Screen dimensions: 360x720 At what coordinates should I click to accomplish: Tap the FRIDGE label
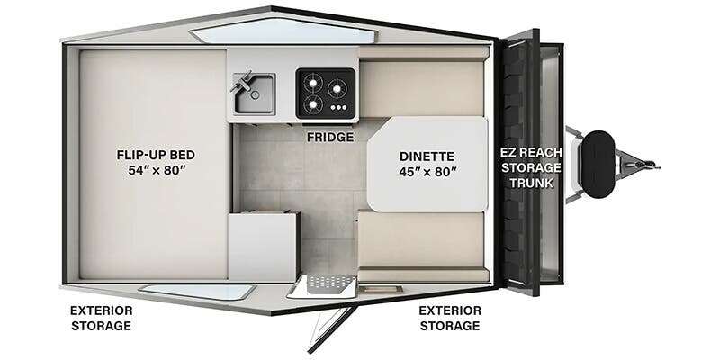(x=329, y=138)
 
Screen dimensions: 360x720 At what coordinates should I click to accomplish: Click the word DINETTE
(x=428, y=154)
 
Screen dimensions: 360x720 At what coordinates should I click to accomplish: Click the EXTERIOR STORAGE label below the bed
(x=101, y=317)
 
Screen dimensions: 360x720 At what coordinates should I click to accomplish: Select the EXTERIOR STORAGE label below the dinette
(x=449, y=317)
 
